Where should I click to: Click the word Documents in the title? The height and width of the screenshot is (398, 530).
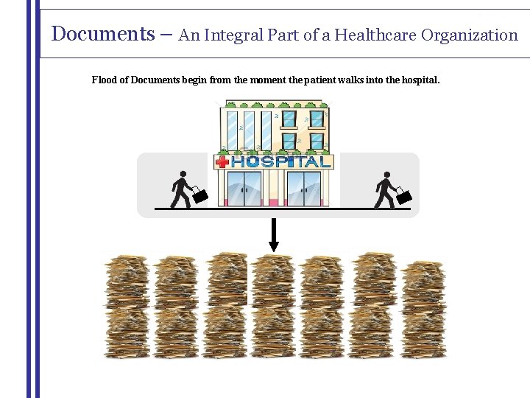(98, 34)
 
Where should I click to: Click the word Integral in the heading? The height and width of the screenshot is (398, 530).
(234, 35)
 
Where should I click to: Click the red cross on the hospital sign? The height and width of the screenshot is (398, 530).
(221, 161)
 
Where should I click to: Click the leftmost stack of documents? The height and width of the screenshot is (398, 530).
(127, 306)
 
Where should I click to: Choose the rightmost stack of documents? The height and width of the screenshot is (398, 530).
(423, 308)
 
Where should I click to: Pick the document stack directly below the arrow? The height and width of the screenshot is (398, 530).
(274, 306)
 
